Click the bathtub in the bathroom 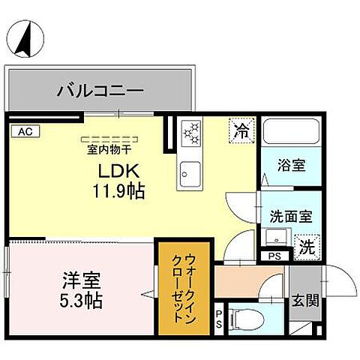(x=289, y=135)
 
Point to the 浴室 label (x=291, y=165)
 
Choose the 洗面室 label (x=291, y=215)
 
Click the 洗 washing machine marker (x=307, y=244)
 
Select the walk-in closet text (x=178, y=287)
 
